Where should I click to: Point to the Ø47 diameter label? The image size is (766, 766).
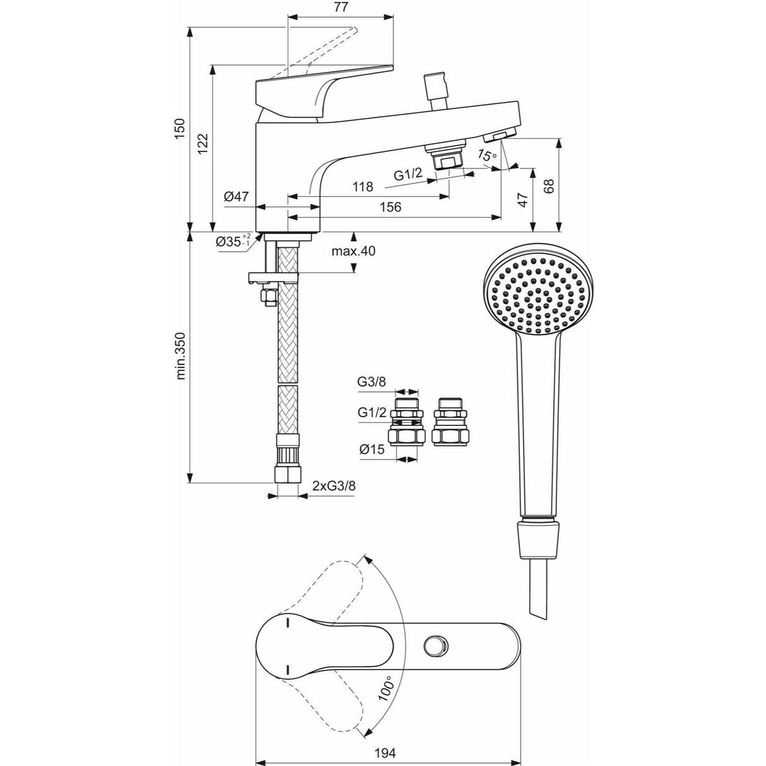pos(235,197)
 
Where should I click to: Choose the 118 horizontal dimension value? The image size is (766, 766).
pos(362,187)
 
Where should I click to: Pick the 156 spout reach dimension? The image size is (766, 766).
pos(390,207)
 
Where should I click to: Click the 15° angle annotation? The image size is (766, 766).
pos(487,155)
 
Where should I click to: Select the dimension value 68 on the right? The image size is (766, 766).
pos(549,187)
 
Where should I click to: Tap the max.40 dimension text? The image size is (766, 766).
pos(353,251)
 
